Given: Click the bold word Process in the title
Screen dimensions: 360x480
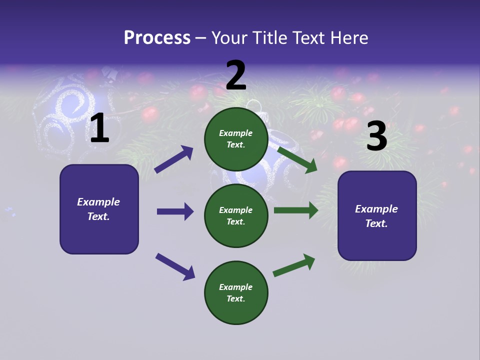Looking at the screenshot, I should click(157, 38).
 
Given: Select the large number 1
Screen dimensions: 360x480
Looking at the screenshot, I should click(99, 128).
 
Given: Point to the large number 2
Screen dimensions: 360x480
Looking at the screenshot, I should click(236, 75).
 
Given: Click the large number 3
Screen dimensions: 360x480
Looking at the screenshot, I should click(376, 136).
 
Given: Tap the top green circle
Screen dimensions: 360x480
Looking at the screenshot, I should click(236, 139).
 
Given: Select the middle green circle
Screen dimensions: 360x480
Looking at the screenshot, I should click(236, 215).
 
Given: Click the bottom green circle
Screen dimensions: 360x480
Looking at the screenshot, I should click(236, 292).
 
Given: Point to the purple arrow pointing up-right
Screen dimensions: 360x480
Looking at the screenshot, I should click(174, 159).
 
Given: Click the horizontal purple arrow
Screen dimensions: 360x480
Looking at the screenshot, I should click(175, 211).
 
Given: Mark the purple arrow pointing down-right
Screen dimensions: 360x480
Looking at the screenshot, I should click(175, 266).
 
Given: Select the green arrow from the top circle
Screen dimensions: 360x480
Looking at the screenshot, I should click(297, 159).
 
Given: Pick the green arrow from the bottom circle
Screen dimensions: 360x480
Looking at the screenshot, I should click(294, 264).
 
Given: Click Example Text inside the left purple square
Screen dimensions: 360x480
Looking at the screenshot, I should click(99, 209).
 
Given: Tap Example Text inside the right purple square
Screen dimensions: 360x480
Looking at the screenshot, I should click(376, 216).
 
